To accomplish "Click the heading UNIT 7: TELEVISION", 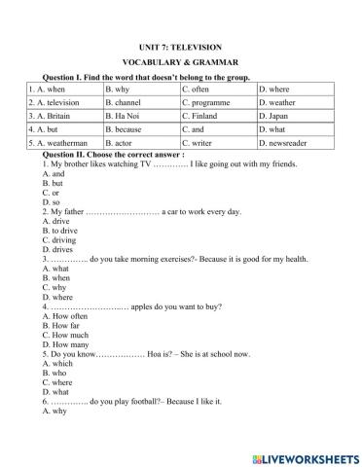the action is click(x=181, y=47).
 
